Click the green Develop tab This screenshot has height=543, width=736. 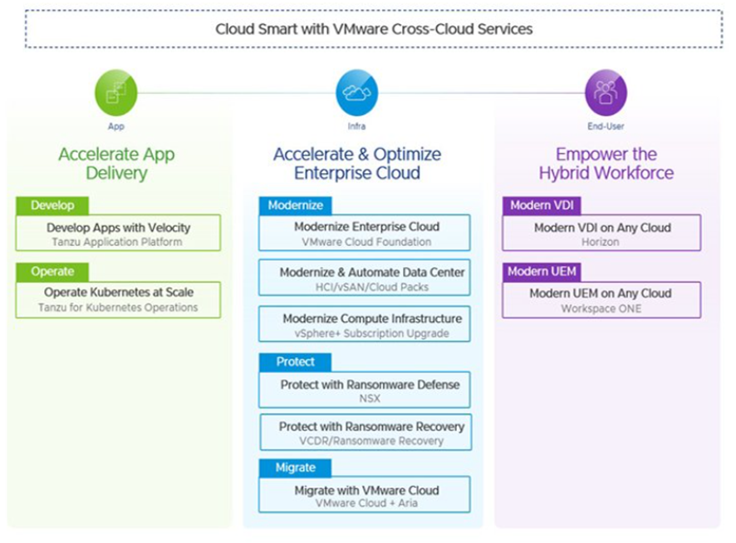click(52, 205)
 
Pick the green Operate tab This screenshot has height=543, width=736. click(52, 272)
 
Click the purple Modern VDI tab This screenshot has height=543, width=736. click(540, 205)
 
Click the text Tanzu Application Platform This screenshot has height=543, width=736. click(118, 242)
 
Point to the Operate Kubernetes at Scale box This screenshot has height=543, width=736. click(118, 299)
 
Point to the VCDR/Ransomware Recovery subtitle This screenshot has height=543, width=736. click(366, 442)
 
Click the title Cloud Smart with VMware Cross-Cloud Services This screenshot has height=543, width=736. click(374, 28)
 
